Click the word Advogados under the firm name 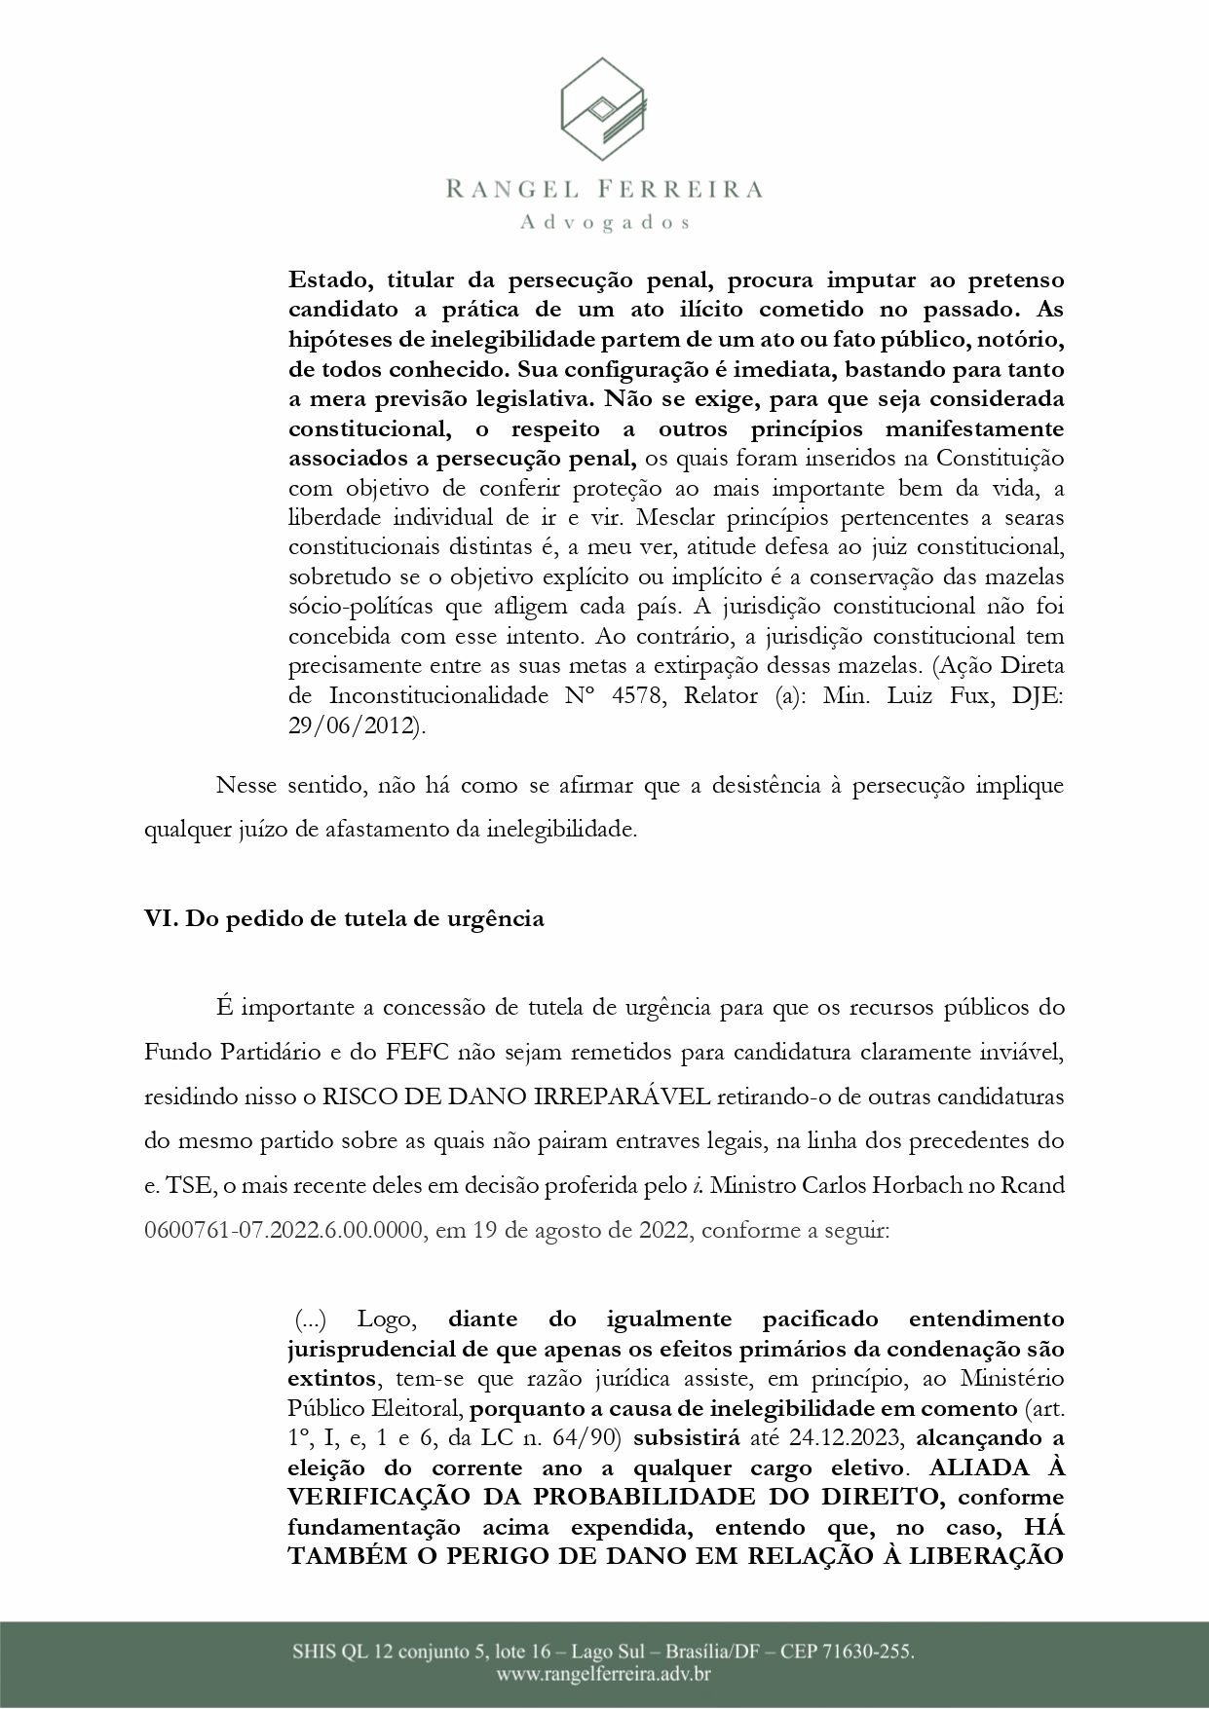(x=605, y=222)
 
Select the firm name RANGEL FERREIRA (x=604, y=189)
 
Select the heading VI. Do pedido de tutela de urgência (x=344, y=918)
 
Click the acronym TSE (x=181, y=1186)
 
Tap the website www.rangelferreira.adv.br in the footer (x=604, y=1675)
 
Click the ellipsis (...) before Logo (x=311, y=1320)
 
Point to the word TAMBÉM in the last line (x=357, y=1555)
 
